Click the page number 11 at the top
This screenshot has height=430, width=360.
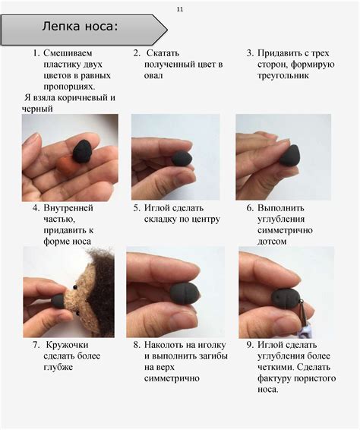pyautogui.click(x=180, y=8)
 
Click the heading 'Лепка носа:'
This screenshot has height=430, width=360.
pyautogui.click(x=81, y=28)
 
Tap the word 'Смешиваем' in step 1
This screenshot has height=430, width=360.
pyautogui.click(x=68, y=54)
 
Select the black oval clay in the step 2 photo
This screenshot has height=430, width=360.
pyautogui.click(x=182, y=157)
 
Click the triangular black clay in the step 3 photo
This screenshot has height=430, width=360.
pyautogui.click(x=289, y=155)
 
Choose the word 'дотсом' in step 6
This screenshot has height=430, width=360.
pyautogui.click(x=273, y=241)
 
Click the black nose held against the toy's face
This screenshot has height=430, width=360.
pyautogui.click(x=58, y=301)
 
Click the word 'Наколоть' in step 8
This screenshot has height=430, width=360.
pyautogui.click(x=168, y=345)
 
